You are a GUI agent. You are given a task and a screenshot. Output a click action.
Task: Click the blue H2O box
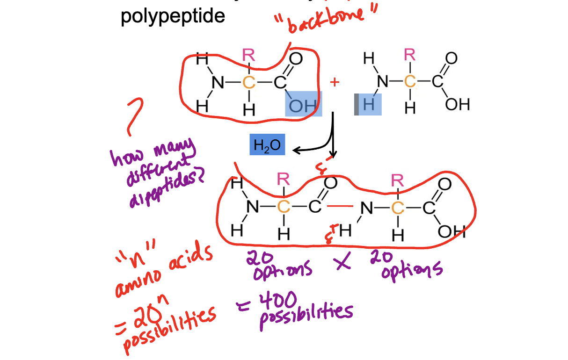tap(267, 145)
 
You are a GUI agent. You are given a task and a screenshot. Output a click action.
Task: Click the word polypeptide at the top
tap(173, 16)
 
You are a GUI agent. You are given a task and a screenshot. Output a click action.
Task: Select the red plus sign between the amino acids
tap(334, 83)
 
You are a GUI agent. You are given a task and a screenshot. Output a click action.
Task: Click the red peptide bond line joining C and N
tap(340, 206)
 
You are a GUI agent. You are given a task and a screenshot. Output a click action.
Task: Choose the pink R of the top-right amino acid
tap(410, 56)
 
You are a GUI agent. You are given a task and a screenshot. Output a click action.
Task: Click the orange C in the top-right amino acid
tap(410, 82)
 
